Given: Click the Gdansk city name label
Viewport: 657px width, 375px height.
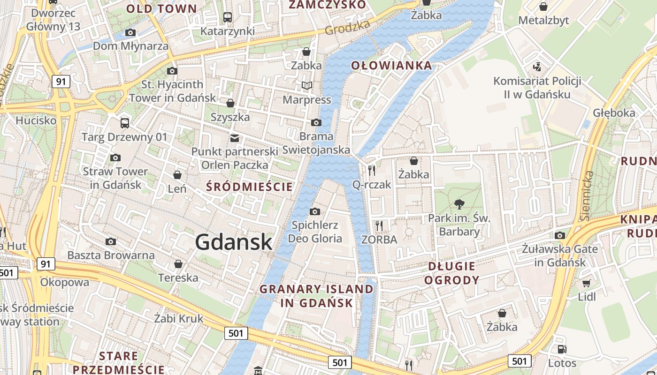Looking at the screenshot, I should click(x=233, y=242).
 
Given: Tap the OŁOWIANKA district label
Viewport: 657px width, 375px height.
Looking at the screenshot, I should click(x=391, y=65).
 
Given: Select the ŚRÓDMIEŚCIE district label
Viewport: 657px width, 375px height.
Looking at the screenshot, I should click(x=249, y=187).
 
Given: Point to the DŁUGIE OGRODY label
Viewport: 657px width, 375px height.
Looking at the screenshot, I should click(x=451, y=273).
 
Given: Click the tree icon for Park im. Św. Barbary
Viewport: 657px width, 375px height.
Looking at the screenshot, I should click(x=459, y=204).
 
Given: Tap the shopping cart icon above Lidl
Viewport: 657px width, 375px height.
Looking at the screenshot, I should click(x=586, y=283).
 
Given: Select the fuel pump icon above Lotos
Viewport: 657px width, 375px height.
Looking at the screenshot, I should click(x=561, y=349).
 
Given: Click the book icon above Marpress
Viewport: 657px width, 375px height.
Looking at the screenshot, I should click(x=306, y=86).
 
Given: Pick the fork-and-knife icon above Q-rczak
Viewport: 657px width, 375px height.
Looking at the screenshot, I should click(x=372, y=170).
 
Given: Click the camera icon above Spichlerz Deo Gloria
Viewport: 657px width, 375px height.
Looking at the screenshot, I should click(x=315, y=211).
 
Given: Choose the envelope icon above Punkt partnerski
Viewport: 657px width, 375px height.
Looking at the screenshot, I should click(x=234, y=138).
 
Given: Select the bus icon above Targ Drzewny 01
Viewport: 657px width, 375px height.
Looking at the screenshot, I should click(x=124, y=123).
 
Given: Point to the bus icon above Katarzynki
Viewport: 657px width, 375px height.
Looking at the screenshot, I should click(x=228, y=17).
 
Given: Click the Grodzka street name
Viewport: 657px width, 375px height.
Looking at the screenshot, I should click(x=347, y=28).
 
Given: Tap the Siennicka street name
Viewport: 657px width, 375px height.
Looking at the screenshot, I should click(x=586, y=195).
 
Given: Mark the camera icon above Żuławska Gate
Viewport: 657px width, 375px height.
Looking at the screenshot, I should click(x=559, y=235).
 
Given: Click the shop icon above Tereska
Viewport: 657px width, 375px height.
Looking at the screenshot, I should click(x=178, y=264).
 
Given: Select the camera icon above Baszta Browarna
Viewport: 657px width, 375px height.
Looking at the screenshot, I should click(x=111, y=241).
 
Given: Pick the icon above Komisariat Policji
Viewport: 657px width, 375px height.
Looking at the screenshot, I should click(x=537, y=67).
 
